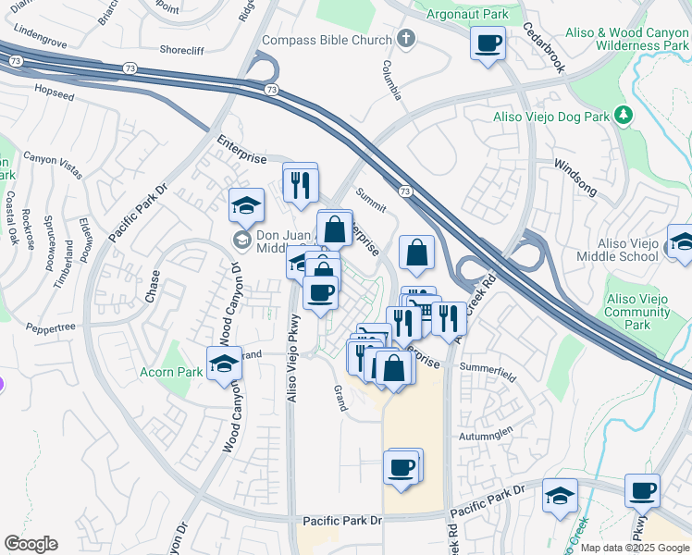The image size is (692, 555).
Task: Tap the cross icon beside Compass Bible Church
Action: [403, 39]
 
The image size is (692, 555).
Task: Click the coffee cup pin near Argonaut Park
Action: [488, 43]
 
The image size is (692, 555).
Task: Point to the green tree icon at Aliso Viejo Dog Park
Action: [624, 116]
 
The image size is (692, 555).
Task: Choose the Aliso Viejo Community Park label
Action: [637, 312]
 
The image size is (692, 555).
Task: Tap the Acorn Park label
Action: [171, 372]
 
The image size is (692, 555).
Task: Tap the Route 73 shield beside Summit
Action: [404, 190]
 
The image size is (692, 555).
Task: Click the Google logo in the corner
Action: [31, 544]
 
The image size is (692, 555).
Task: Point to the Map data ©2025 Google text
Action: [635, 548]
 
